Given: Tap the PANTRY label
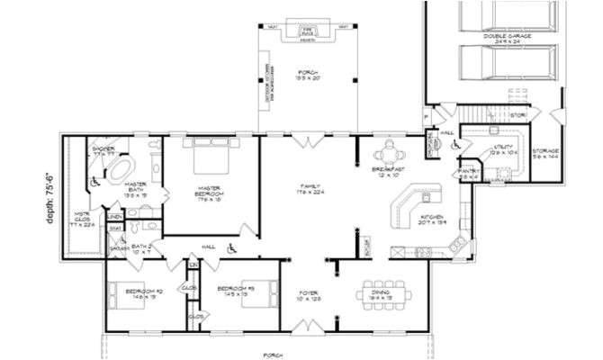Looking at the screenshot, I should pos(466,173).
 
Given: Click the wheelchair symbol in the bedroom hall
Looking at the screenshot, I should pos(231,247).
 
